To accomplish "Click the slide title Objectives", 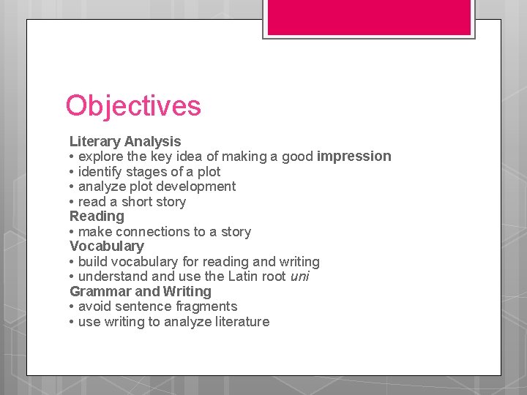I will (x=132, y=106).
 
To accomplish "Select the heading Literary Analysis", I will (x=125, y=141).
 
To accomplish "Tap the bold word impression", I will (x=354, y=156).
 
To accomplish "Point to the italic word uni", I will (x=300, y=276).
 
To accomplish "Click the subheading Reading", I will (x=97, y=217).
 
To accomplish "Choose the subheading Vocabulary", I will (x=106, y=247).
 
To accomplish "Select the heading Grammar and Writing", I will (x=140, y=291).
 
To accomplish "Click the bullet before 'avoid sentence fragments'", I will (x=72, y=306).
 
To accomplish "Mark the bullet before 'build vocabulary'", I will (x=72, y=262).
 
